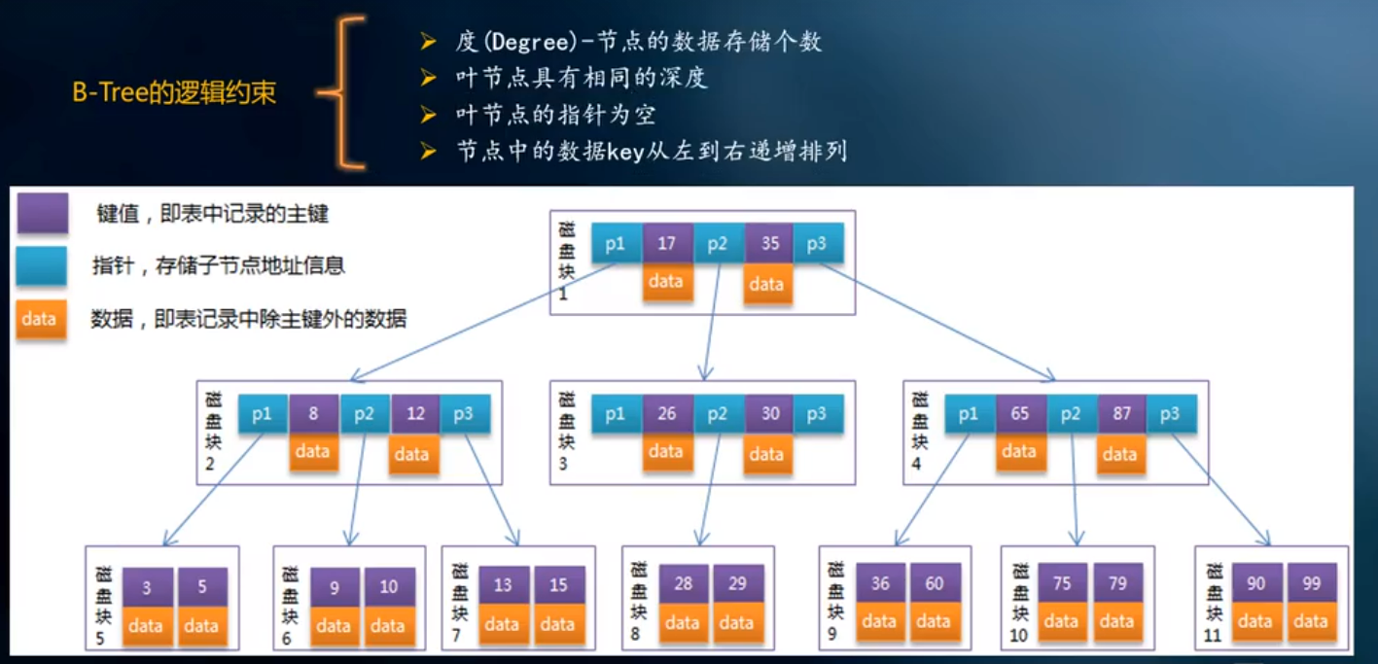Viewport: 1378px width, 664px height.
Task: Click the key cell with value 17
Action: tap(667, 244)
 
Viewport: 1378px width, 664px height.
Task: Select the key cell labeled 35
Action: tap(769, 244)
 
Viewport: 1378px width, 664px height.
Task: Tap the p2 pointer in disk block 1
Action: tap(718, 244)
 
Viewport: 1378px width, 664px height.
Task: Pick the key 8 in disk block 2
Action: tap(313, 414)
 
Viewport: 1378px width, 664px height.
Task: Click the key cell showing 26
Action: tap(667, 414)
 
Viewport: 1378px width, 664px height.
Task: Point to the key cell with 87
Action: tap(1122, 414)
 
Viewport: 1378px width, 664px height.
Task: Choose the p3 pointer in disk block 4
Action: tap(1170, 414)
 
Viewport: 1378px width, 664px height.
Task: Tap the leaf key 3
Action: tap(147, 587)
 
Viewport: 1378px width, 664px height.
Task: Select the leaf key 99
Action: tap(1311, 583)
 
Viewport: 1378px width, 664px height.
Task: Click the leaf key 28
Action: tap(683, 584)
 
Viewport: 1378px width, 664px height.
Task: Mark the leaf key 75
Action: tap(1061, 583)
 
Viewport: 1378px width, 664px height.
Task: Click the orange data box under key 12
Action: tap(412, 454)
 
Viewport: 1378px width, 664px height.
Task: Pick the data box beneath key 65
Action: tap(1018, 451)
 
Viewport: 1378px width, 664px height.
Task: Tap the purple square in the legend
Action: tap(42, 214)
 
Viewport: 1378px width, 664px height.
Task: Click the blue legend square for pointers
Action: tap(42, 265)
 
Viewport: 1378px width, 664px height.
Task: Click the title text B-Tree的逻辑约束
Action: tap(174, 93)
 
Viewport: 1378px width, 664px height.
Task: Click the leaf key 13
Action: tap(503, 586)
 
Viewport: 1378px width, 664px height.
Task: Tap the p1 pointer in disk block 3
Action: tap(616, 414)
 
